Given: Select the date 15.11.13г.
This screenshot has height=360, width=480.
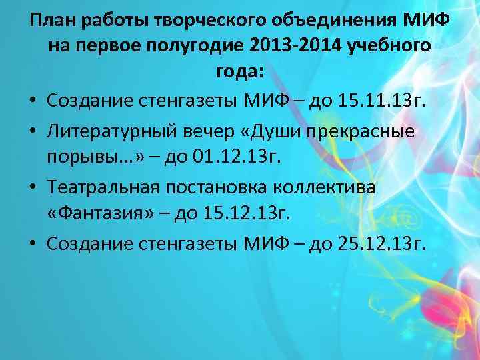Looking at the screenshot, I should point(386,101).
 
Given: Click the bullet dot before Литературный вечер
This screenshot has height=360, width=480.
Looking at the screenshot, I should point(33,131).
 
